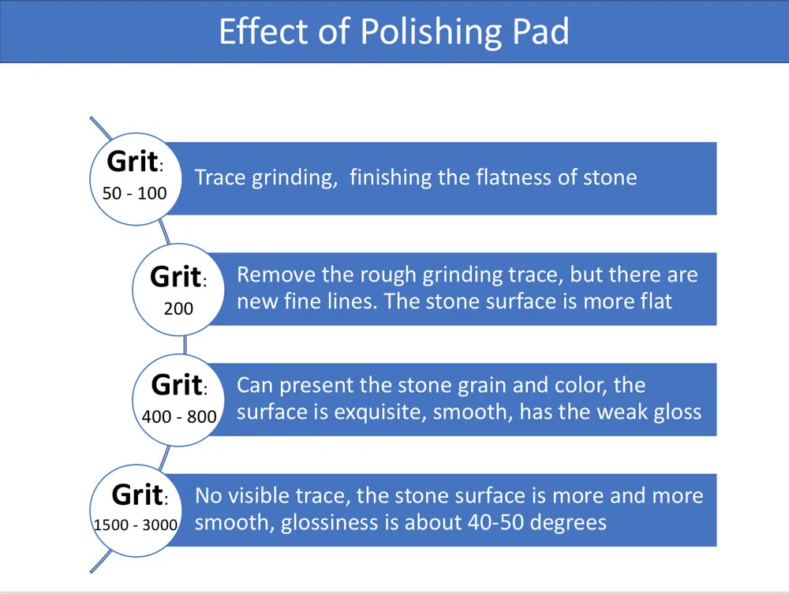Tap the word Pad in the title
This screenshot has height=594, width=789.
click(538, 32)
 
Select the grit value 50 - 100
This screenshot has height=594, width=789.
click(135, 192)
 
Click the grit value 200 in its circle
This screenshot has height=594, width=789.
click(178, 308)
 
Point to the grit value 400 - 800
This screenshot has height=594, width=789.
click(179, 416)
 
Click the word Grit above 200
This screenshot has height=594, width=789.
click(175, 277)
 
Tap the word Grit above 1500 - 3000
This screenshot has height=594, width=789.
click(137, 495)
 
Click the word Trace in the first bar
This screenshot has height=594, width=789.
click(220, 177)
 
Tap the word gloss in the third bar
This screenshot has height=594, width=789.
click(677, 412)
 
